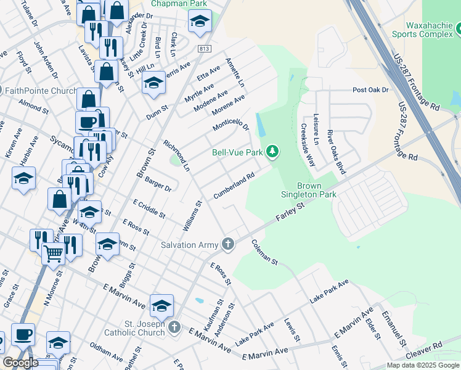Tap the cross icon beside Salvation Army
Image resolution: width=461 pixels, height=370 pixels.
pos(228,245)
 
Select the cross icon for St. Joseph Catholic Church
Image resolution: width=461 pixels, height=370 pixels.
pos(174,326)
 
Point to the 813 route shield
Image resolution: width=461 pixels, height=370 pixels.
pos(205,48)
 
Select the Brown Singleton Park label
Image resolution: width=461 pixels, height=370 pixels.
pos(317,190)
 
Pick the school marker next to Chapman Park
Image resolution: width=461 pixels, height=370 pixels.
pos(199,21)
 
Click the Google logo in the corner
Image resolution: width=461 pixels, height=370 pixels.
pos(20,363)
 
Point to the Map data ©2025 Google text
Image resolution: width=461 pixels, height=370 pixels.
pos(423,365)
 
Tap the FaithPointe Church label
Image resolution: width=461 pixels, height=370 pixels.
pos(41,91)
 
